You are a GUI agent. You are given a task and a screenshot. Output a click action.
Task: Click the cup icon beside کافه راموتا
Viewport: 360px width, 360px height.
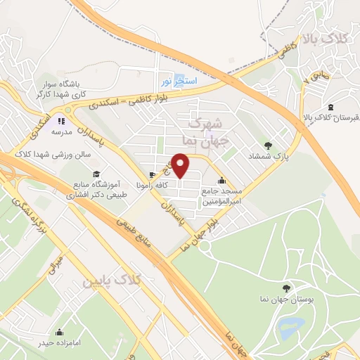click(x=152, y=174)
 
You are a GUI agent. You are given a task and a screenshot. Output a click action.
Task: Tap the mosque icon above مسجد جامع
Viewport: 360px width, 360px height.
click(x=222, y=180)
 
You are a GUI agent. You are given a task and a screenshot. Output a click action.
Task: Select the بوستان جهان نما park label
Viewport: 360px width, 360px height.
click(x=285, y=300)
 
